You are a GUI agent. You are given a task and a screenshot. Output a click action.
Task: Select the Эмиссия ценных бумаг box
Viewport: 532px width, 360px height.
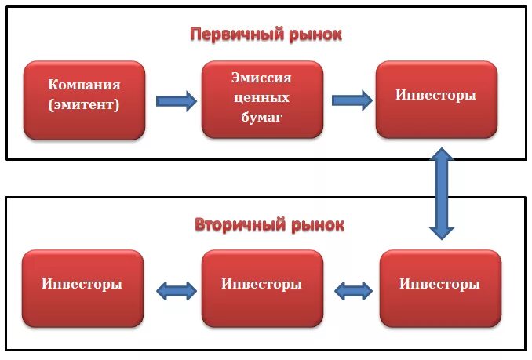(x=261, y=99)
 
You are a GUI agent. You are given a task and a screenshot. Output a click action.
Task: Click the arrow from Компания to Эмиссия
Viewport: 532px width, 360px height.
(x=176, y=100)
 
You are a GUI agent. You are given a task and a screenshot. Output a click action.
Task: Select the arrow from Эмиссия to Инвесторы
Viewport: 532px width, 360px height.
(x=352, y=100)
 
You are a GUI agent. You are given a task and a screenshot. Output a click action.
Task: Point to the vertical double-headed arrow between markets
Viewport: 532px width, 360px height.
(x=442, y=193)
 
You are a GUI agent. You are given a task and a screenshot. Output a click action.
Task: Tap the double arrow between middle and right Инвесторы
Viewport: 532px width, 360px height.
(x=353, y=291)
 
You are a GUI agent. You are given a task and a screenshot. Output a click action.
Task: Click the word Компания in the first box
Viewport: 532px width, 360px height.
(x=84, y=85)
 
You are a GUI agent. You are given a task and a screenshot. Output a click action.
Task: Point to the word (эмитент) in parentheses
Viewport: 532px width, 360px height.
(x=84, y=104)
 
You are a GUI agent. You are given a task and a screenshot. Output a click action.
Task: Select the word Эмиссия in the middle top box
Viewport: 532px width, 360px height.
(x=261, y=79)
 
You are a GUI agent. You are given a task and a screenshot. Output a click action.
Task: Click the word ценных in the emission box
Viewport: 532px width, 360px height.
(x=261, y=99)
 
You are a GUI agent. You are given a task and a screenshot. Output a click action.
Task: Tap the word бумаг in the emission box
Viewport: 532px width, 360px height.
(x=261, y=118)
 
